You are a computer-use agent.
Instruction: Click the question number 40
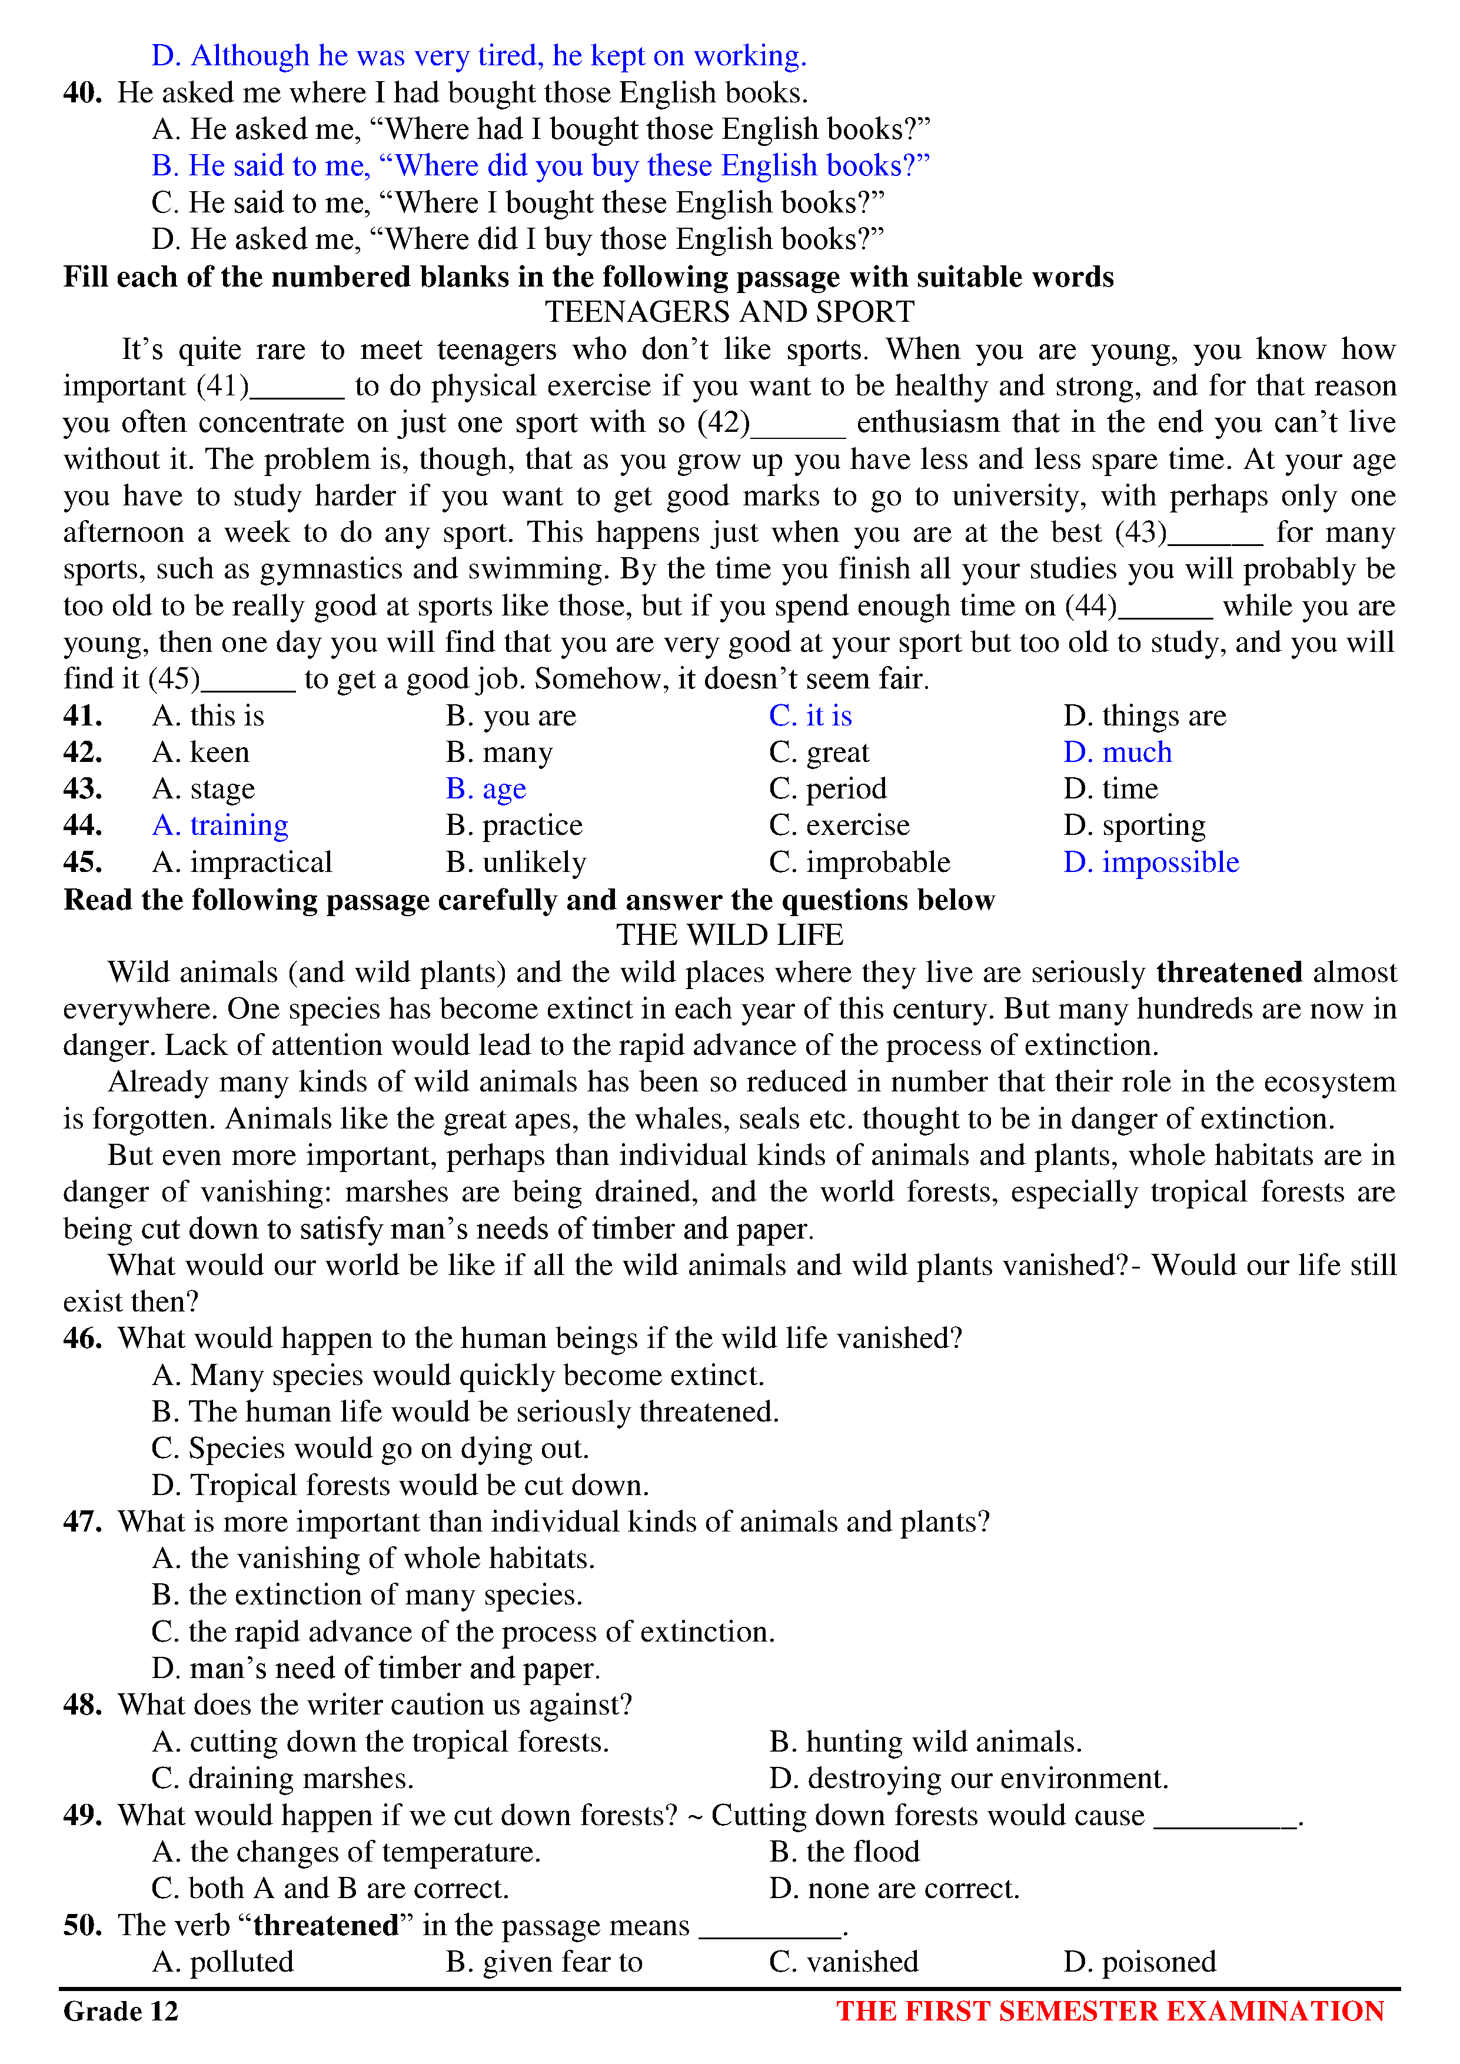pyautogui.click(x=82, y=92)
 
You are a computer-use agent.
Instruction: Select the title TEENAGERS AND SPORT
pyautogui.click(x=729, y=312)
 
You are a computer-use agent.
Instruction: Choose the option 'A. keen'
pyautogui.click(x=201, y=753)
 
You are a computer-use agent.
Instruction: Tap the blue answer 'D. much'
pyautogui.click(x=1118, y=753)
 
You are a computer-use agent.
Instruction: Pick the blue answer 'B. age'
pyautogui.click(x=485, y=789)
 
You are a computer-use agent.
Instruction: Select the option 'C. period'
pyautogui.click(x=827, y=789)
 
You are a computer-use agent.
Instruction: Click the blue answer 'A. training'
pyautogui.click(x=220, y=825)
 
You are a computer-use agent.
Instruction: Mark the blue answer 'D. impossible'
pyautogui.click(x=1150, y=862)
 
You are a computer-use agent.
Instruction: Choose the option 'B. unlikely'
pyautogui.click(x=516, y=862)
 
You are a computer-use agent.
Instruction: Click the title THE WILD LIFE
pyautogui.click(x=729, y=935)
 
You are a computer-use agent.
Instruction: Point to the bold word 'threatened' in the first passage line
pyautogui.click(x=1228, y=972)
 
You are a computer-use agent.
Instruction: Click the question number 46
pyautogui.click(x=82, y=1339)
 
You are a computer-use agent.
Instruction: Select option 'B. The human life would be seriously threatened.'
pyautogui.click(x=465, y=1412)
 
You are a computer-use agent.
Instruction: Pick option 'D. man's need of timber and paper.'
pyautogui.click(x=376, y=1669)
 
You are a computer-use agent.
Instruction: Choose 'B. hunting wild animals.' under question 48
pyautogui.click(x=925, y=1742)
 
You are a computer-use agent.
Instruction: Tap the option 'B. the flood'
pyautogui.click(x=844, y=1852)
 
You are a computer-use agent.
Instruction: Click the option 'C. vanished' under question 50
pyautogui.click(x=843, y=1962)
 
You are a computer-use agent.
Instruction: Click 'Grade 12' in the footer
pyautogui.click(x=121, y=2011)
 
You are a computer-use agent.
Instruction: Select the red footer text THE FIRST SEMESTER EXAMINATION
pyautogui.click(x=1109, y=2011)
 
